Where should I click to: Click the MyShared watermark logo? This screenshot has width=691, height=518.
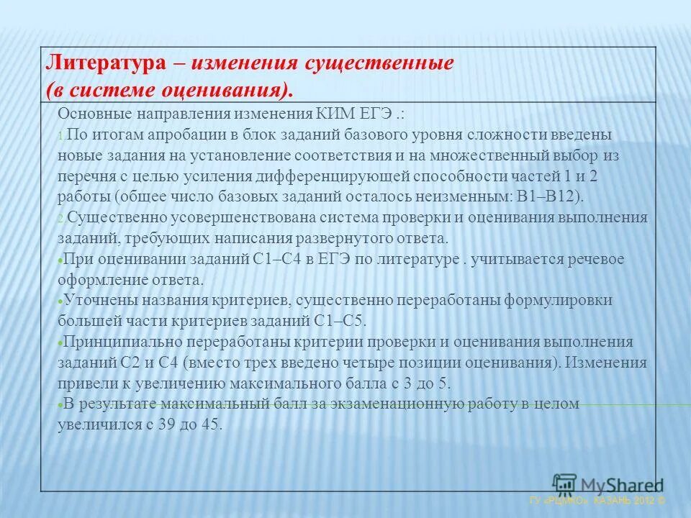pyautogui.click(x=608, y=485)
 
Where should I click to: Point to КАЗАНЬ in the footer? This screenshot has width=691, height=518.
pyautogui.click(x=615, y=499)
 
